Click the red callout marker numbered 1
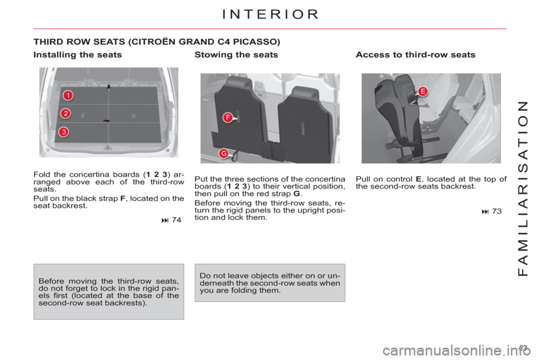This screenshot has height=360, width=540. [68, 95]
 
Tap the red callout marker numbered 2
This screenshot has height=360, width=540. [66, 113]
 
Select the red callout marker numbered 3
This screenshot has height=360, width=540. [64, 132]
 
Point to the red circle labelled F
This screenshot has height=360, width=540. [228, 118]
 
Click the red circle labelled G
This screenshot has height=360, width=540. [224, 154]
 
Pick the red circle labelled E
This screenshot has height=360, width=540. [422, 92]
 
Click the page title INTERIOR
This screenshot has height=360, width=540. [271, 15]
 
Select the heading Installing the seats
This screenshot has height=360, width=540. [78, 55]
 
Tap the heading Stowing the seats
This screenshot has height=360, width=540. [236, 55]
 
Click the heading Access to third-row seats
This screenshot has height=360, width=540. [415, 55]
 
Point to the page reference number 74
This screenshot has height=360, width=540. [176, 220]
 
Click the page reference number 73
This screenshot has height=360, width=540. [497, 211]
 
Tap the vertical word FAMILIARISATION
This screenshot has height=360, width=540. [523, 188]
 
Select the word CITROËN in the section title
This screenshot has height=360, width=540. [152, 42]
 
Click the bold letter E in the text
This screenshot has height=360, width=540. [418, 179]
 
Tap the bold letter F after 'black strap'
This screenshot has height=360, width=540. [123, 199]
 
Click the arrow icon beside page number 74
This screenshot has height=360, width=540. [165, 220]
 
